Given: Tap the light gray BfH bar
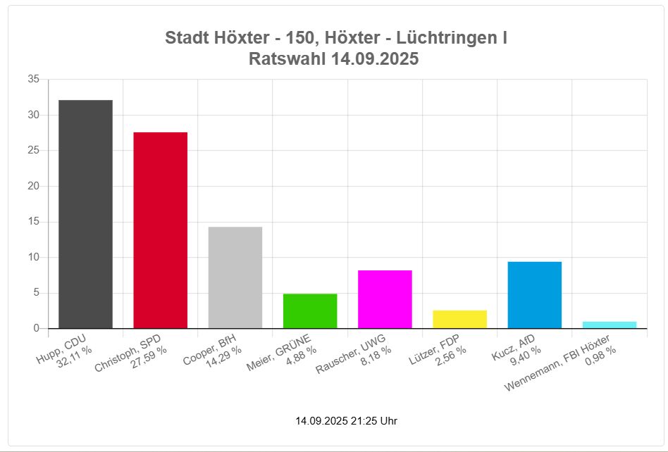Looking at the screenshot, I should pos(235,277).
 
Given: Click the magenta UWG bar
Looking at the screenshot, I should pos(385,299).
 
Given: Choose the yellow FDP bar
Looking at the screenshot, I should pos(459,320).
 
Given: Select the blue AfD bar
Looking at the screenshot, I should pos(534,295).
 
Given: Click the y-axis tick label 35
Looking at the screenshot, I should pos(33,80).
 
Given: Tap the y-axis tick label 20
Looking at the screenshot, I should pos(33,186).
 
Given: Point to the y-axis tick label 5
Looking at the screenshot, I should pos(35,293).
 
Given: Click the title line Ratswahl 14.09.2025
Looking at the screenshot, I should pos(334,59).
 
